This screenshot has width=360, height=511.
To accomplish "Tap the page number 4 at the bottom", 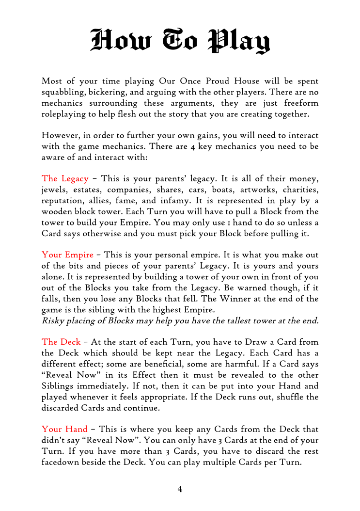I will click(180, 490).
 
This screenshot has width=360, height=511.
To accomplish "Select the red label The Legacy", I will click(65, 179).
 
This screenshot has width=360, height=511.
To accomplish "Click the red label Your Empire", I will click(67, 255).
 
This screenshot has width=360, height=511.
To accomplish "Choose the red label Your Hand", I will click(64, 429).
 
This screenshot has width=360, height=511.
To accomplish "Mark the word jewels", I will click(55, 190).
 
